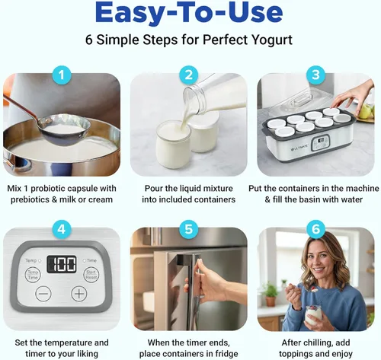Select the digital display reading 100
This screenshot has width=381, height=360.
(62, 265)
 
